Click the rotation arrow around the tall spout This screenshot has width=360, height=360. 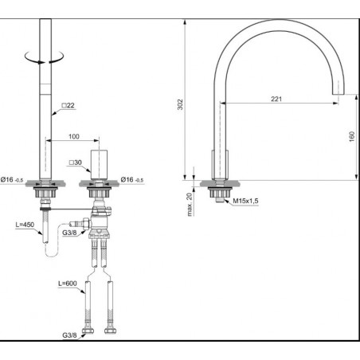[x=45, y=57]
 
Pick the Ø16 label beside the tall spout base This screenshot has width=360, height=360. [x=17, y=181]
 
